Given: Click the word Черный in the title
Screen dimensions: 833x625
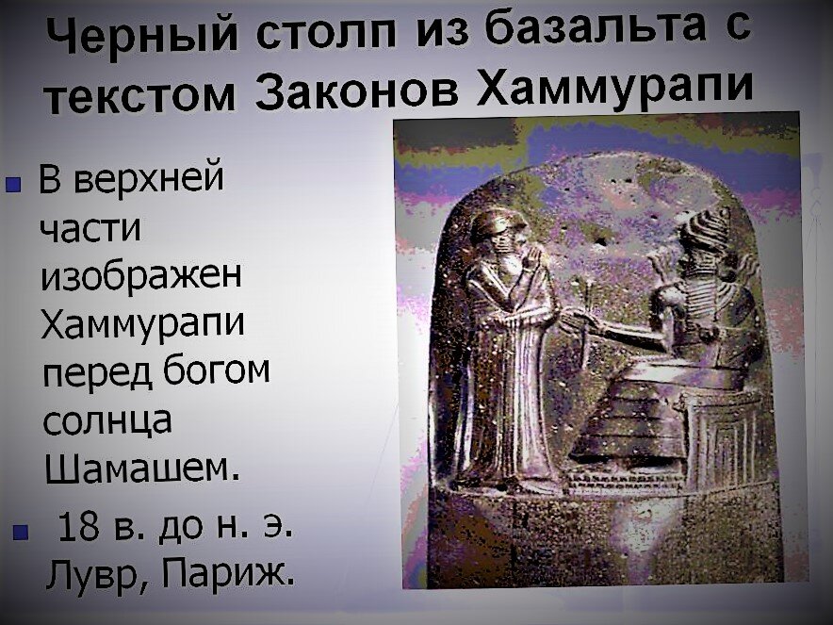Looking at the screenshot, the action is (x=142, y=37).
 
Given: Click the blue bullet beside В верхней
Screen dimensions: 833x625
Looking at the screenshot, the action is (x=14, y=186).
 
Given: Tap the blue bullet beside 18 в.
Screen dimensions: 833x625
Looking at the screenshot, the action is (x=20, y=531).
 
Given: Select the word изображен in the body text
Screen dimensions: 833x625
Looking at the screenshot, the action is (x=141, y=276).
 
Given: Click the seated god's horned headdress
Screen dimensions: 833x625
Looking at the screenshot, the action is (x=705, y=230).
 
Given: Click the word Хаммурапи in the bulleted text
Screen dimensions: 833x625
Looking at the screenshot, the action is (x=142, y=324).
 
